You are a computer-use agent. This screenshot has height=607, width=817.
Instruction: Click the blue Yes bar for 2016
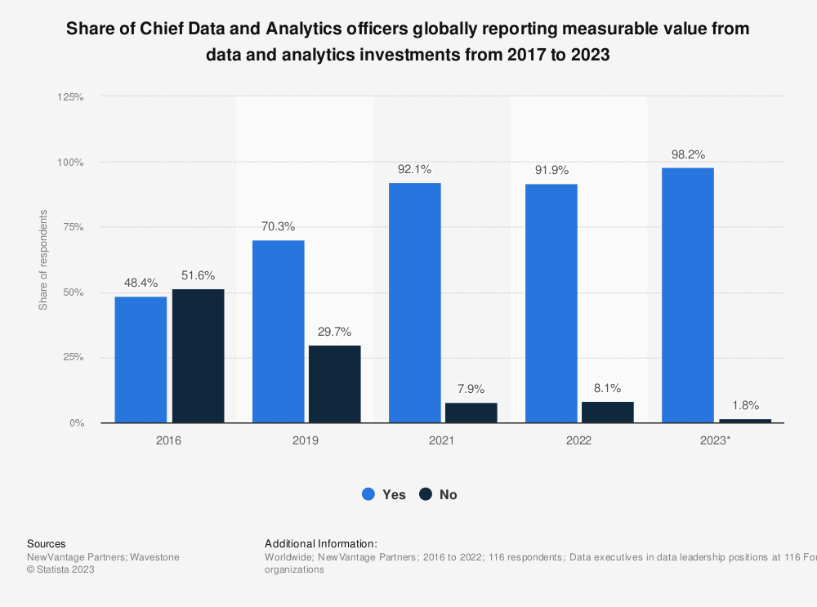click(x=141, y=359)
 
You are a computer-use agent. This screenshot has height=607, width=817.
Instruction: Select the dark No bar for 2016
click(x=199, y=356)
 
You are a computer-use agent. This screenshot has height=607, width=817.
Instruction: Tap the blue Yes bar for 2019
click(x=278, y=332)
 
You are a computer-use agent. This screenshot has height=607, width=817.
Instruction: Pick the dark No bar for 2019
click(x=335, y=384)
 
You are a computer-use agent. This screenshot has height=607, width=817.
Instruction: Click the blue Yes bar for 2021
click(x=414, y=303)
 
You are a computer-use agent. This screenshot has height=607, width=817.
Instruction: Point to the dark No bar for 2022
click(x=608, y=413)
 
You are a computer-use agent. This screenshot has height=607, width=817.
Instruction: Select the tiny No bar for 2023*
click(x=745, y=421)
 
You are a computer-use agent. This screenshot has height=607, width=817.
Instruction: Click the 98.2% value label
click(x=687, y=154)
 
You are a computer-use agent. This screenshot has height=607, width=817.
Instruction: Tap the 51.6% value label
click(x=199, y=275)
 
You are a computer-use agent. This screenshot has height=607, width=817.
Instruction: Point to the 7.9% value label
click(x=471, y=389)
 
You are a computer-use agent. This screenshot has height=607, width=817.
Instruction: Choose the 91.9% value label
click(x=551, y=171)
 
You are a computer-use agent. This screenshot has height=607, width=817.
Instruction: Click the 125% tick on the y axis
click(x=71, y=96)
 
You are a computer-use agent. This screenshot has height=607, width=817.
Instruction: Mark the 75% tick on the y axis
click(x=74, y=227)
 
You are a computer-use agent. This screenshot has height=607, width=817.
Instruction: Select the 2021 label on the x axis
click(x=442, y=440)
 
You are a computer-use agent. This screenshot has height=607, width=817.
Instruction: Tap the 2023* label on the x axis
click(x=717, y=440)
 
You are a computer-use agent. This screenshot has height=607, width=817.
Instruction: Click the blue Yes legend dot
click(x=368, y=494)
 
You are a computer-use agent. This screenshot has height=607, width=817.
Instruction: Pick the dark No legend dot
click(x=426, y=494)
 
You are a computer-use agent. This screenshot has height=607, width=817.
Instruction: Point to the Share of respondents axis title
click(x=42, y=260)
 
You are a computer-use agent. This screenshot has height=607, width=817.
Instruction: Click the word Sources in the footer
click(x=47, y=543)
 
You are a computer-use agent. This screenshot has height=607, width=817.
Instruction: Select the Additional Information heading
click(x=321, y=543)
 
